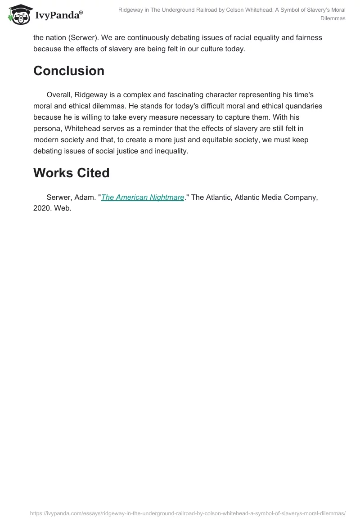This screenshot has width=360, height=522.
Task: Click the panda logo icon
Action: coord(18,13)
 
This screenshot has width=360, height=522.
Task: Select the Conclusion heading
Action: coord(68,71)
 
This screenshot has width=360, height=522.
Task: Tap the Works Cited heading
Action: coord(71,173)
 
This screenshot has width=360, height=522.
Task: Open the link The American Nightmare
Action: coord(143,197)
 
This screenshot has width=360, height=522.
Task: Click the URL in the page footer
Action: coord(188,513)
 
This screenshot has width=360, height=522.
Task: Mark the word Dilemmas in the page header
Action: coord(333,18)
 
